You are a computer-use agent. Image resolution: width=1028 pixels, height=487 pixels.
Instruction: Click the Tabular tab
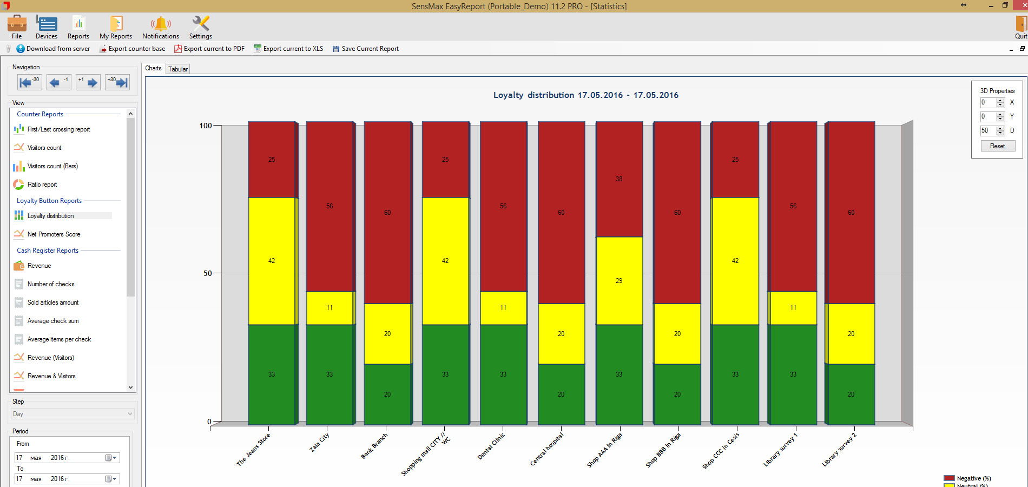(178, 69)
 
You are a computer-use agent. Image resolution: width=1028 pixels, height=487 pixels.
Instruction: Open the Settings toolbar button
(200, 28)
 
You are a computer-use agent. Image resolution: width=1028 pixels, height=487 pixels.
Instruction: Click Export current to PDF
(209, 49)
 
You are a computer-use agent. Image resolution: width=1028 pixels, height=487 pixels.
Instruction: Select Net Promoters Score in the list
(54, 234)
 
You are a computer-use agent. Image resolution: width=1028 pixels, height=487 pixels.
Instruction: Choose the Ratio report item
(42, 185)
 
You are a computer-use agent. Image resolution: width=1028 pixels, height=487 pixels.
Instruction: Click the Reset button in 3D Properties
(997, 146)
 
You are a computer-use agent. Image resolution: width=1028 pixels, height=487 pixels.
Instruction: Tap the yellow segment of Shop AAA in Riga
(619, 280)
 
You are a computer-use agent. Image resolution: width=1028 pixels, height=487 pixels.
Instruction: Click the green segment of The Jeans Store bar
(272, 374)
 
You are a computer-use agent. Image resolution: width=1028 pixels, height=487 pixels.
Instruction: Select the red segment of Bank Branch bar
(387, 212)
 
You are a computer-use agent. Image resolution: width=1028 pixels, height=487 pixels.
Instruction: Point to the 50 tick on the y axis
(208, 273)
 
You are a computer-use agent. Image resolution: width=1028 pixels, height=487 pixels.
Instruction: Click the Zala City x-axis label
(319, 443)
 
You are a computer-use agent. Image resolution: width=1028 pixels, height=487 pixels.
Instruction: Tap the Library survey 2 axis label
(839, 450)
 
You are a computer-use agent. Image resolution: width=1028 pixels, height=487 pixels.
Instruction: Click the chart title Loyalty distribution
(585, 95)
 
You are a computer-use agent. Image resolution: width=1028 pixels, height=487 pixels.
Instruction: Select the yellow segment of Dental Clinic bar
(503, 308)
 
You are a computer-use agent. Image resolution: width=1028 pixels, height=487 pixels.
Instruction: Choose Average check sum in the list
(53, 321)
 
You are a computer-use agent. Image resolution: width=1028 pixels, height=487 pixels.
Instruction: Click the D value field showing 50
(988, 130)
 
